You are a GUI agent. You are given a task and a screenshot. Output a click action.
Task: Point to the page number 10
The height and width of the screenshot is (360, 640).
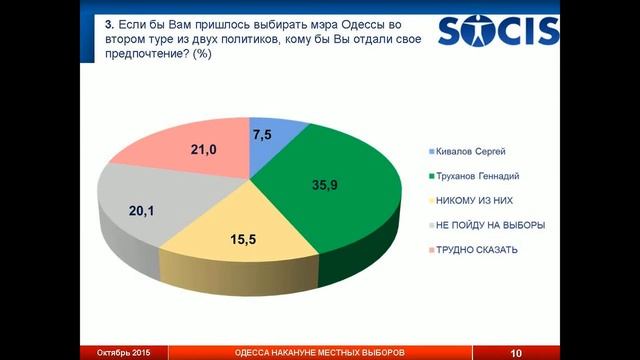(x=516, y=353)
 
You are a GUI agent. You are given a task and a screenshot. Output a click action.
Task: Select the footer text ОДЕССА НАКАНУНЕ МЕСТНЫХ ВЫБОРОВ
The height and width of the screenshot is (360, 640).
(x=321, y=353)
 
